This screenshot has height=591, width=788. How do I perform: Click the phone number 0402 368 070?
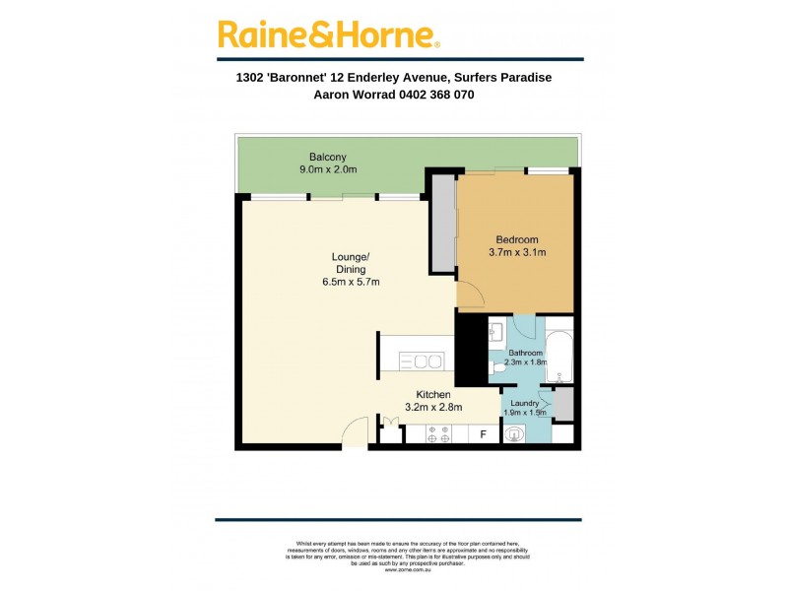point(434,96)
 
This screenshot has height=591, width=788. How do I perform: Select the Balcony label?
point(327,158)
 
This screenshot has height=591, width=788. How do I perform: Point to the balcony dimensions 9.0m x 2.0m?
point(327,170)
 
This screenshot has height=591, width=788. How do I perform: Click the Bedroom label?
point(517,240)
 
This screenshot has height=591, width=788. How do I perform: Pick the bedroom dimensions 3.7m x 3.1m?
point(517,253)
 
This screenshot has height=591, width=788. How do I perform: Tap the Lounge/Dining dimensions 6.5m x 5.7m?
point(351,283)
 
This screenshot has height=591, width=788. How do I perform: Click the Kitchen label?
point(433,394)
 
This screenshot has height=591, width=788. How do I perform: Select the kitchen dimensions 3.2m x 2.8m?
point(433,407)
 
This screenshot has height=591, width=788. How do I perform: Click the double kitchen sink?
point(427,362)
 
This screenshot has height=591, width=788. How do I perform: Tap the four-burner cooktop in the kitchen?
point(439,433)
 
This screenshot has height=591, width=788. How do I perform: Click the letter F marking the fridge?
point(483,433)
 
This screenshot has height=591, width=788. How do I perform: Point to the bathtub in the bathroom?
point(559,356)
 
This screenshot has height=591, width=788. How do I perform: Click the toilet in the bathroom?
point(499,367)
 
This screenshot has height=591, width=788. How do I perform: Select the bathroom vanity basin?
point(496,332)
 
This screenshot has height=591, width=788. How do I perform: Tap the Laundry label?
point(523,403)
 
